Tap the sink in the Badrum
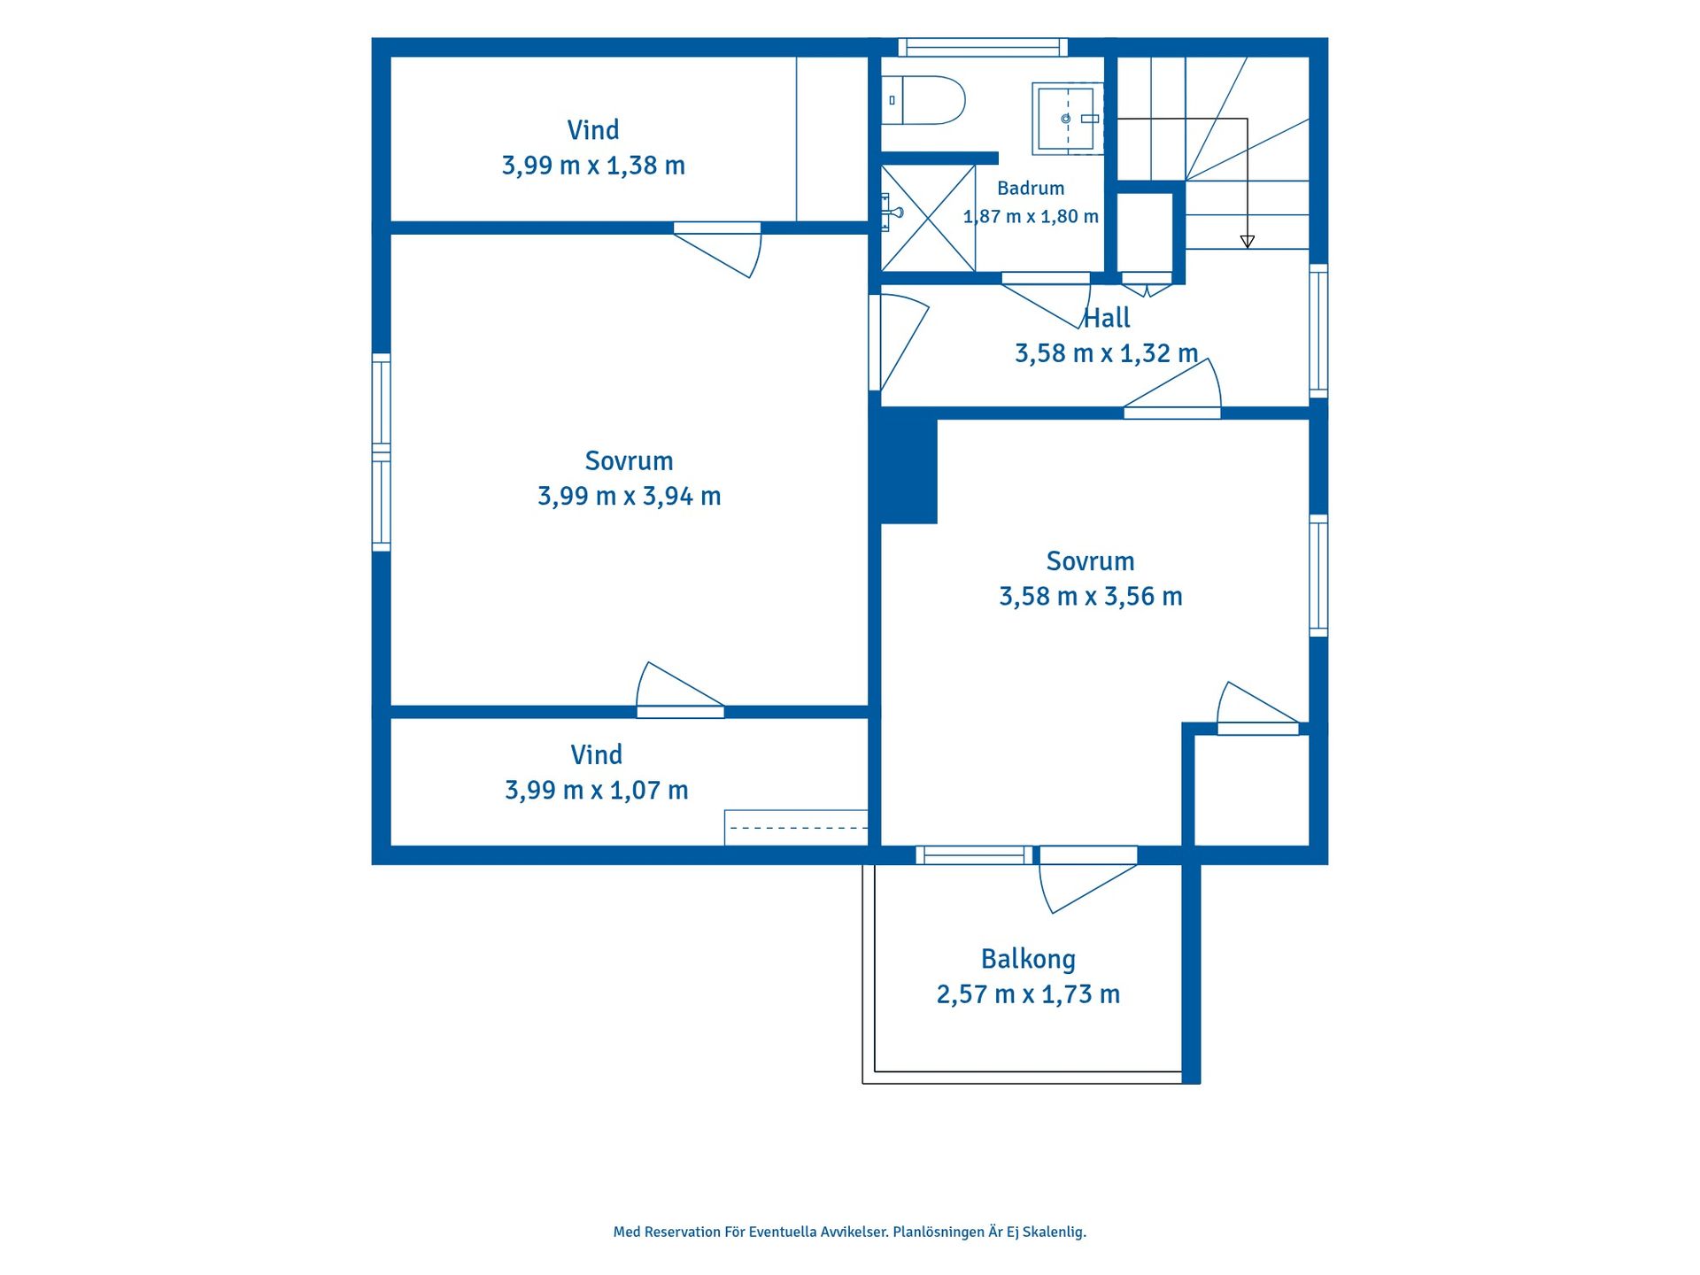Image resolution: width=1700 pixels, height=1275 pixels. point(1068,119)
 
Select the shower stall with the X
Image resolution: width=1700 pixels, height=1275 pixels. point(928,219)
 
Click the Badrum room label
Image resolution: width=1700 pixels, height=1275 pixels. point(1031,189)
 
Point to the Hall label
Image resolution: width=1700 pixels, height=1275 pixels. point(1108,318)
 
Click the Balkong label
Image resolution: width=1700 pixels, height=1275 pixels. point(1028,959)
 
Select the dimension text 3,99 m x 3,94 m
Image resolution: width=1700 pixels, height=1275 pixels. point(630,496)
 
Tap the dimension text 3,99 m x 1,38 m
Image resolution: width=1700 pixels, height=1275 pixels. point(593,166)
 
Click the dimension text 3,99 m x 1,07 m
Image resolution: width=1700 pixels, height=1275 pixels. point(597,790)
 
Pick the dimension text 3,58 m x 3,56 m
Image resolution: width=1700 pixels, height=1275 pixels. point(1091,597)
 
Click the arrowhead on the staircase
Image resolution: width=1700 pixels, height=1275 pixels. point(1248,242)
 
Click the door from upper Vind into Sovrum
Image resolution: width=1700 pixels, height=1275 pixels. point(717,249)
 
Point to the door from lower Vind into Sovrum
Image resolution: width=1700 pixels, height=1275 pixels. point(680,690)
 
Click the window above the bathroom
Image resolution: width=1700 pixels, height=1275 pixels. point(983,47)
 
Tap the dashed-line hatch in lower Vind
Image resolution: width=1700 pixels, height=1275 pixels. point(796,828)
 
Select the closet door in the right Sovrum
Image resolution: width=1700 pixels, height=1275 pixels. point(1258,708)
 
